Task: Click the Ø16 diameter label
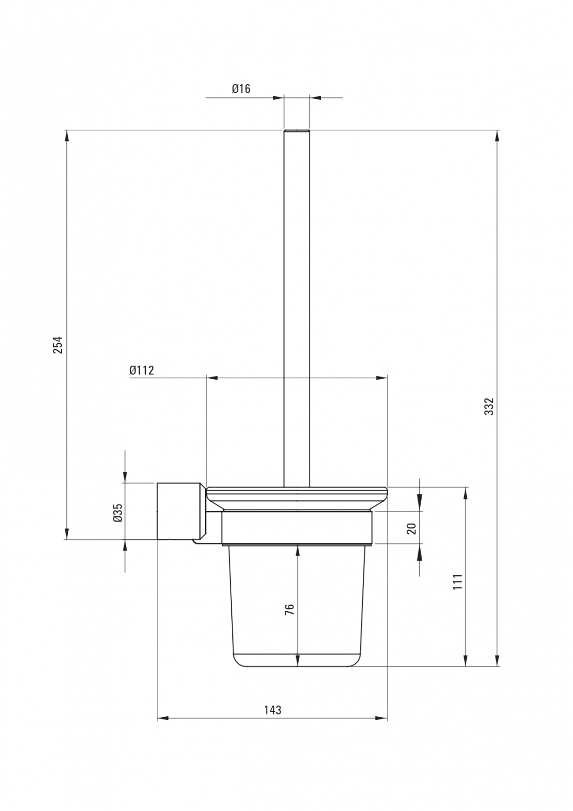pos(241,88)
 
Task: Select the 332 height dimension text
pos(489,406)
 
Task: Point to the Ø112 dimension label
pos(142,370)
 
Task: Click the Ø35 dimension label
pos(118,512)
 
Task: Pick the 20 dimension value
pos(412,529)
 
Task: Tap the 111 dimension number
pos(458,581)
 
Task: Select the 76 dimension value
pos(290,609)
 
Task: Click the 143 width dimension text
pos(272,710)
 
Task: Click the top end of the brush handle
pos(297,130)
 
